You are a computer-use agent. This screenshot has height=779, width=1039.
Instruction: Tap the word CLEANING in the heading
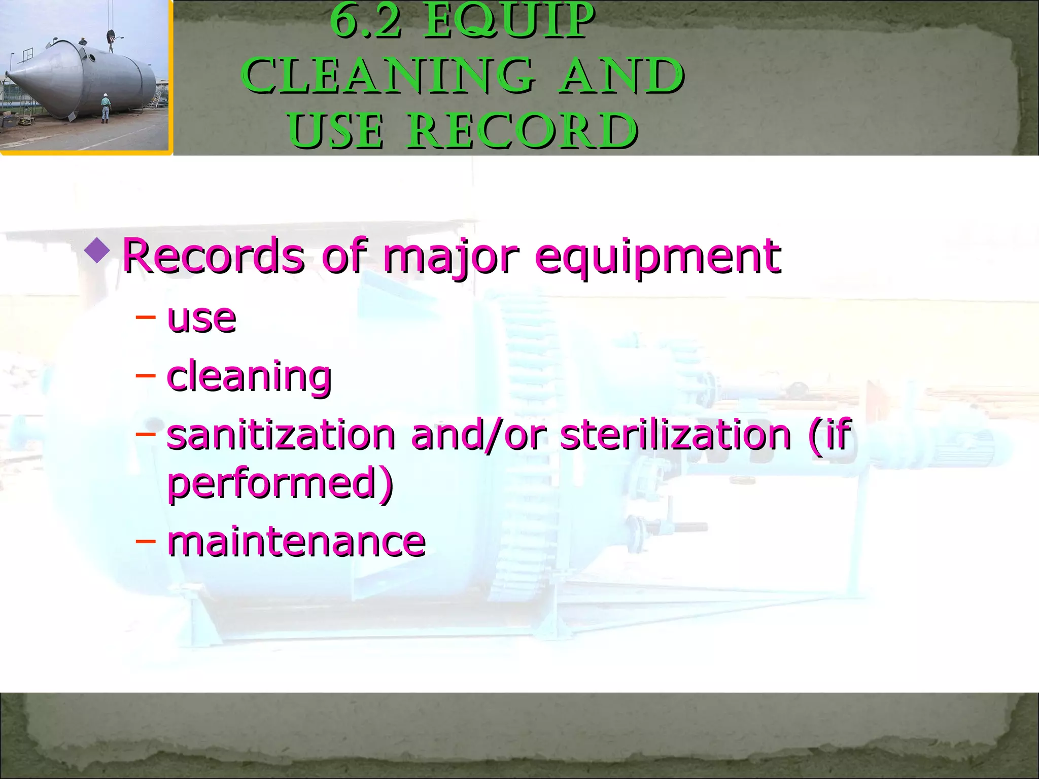pyautogui.click(x=388, y=76)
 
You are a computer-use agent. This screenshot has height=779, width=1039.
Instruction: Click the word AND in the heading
pyautogui.click(x=622, y=76)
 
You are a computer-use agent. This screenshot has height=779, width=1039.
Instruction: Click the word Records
pyautogui.click(x=214, y=256)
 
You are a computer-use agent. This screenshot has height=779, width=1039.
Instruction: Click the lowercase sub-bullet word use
pyautogui.click(x=201, y=319)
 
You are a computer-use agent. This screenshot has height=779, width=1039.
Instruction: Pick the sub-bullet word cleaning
pyautogui.click(x=249, y=377)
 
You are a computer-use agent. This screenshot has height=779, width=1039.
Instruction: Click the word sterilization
pyautogui.click(x=675, y=435)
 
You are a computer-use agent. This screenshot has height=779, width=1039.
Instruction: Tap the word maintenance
pyautogui.click(x=296, y=542)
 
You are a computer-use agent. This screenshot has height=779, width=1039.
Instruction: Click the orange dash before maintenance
pyautogui.click(x=145, y=541)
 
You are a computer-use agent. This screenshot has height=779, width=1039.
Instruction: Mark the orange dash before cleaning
pyautogui.click(x=145, y=376)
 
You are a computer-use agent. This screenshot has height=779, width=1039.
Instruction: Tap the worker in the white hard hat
pyautogui.click(x=105, y=108)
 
